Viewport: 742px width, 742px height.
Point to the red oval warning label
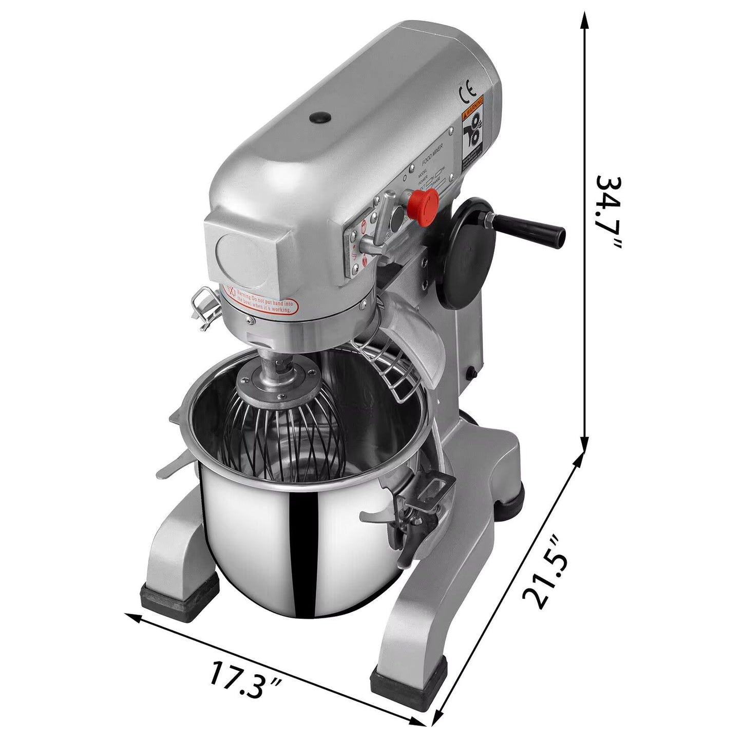coord(261,299)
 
